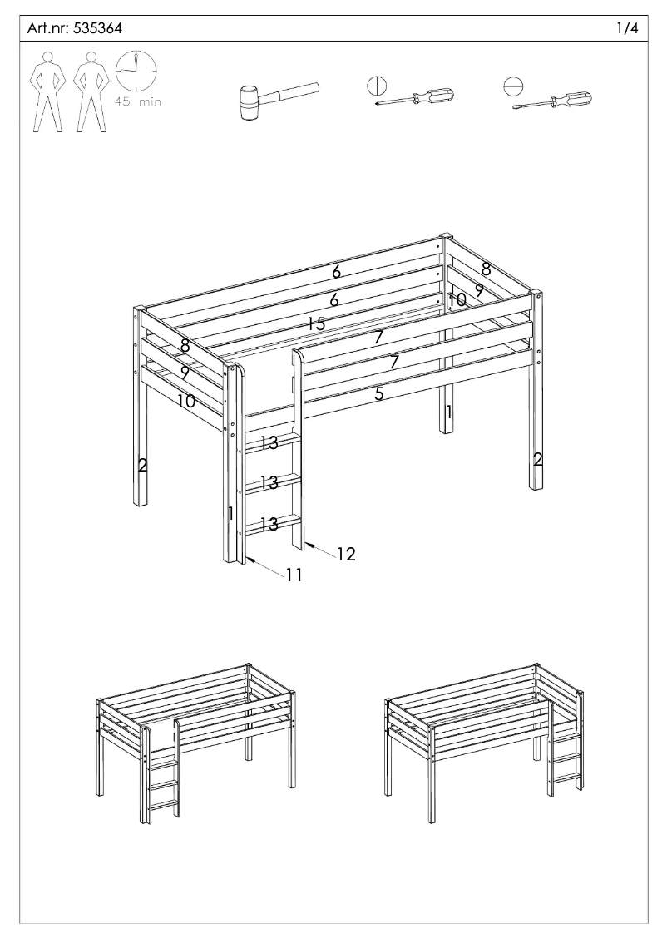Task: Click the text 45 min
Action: coord(138,102)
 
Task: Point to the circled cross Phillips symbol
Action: coord(377,85)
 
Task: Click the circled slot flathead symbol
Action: coord(515,85)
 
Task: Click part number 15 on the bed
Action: coord(315,324)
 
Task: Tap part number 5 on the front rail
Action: coord(378,394)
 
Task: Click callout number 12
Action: coord(346,555)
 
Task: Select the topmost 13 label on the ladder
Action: coord(268,443)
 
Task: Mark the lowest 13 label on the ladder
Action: coord(268,524)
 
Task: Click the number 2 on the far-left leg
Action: coord(142,466)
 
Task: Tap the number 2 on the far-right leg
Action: coord(537,459)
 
